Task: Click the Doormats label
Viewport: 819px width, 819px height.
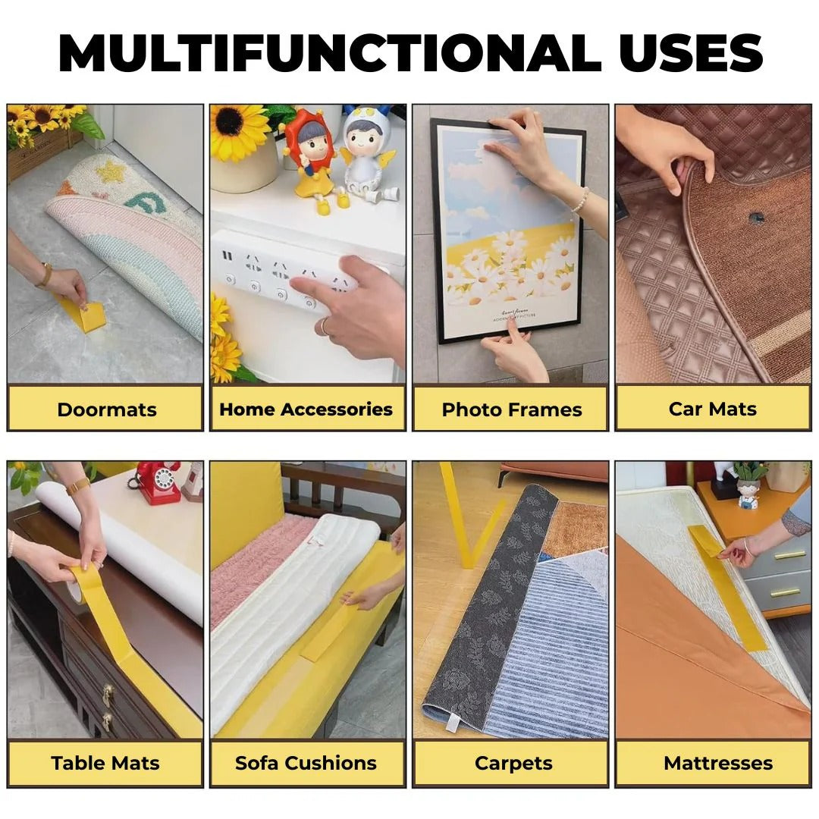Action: [x=106, y=409]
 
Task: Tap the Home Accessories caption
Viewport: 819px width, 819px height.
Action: [x=306, y=409]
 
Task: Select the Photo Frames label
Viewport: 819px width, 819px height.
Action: [x=511, y=409]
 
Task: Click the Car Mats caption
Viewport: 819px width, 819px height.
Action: [x=712, y=409]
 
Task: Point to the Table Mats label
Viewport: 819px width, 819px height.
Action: [x=105, y=763]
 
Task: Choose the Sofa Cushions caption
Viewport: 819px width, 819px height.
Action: [x=306, y=763]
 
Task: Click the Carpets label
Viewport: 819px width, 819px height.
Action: [x=513, y=763]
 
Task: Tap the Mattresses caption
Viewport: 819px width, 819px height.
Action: [x=717, y=763]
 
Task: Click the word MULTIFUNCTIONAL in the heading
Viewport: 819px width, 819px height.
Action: [x=318, y=54]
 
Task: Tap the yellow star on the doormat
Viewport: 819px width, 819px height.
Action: [x=112, y=172]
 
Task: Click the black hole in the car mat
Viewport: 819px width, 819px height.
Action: [x=756, y=218]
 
